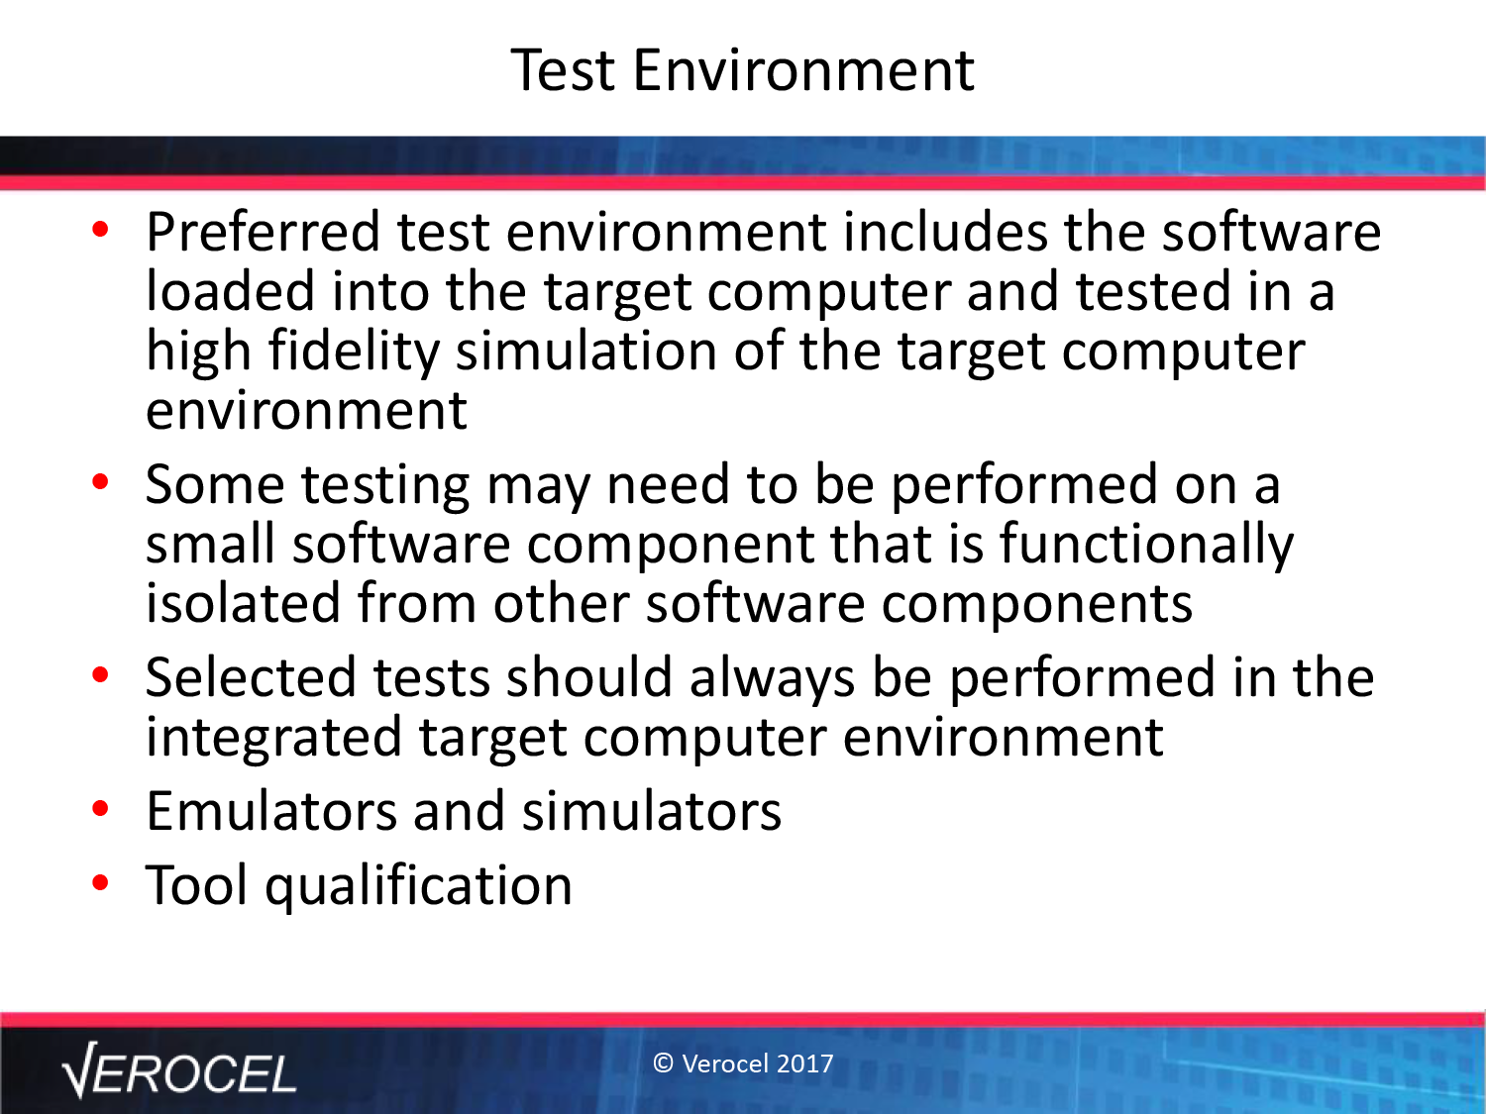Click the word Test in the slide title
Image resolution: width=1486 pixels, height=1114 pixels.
563,70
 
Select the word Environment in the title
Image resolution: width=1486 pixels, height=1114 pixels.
803,70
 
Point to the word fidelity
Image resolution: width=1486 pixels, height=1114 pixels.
354,353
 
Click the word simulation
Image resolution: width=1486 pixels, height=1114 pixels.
585,352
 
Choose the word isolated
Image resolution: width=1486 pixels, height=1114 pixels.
243,603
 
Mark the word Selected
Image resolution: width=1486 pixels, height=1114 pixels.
251,677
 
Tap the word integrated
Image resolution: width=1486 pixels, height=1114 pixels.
274,739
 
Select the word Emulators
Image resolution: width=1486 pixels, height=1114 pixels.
271,811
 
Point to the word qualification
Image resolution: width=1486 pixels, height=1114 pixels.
418,886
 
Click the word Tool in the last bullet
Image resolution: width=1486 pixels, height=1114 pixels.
196,885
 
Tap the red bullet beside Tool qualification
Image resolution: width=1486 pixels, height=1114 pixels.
100,882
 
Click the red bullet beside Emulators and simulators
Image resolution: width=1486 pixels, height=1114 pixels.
100,808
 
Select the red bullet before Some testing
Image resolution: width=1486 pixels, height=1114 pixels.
100,481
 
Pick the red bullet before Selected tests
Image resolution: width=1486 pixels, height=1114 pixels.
100,674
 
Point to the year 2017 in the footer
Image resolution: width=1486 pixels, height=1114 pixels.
805,1063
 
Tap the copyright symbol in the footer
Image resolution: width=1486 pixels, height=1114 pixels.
664,1063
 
